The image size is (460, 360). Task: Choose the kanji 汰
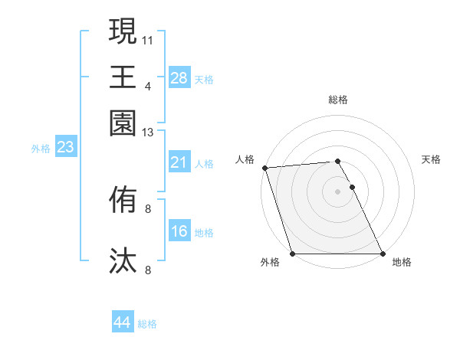pyautogui.click(x=123, y=260)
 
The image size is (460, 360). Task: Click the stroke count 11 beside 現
pyautogui.click(x=148, y=38)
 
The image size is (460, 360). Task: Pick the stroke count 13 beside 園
pyautogui.click(x=148, y=133)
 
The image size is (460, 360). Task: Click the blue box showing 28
pyautogui.click(x=179, y=78)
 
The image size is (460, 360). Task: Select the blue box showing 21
pyautogui.click(x=179, y=162)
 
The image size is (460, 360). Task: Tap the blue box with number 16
pyautogui.click(x=179, y=231)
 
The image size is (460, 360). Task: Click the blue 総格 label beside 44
pyautogui.click(x=147, y=324)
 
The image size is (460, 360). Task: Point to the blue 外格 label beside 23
pyautogui.click(x=40, y=149)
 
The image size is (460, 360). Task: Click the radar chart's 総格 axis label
pyautogui.click(x=337, y=100)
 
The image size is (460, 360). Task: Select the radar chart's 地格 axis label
pyautogui.click(x=402, y=262)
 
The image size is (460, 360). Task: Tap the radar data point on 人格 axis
pyautogui.click(x=264, y=168)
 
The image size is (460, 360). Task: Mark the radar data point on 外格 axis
pyautogui.click(x=293, y=254)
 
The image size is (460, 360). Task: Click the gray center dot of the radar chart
pyautogui.click(x=337, y=191)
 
